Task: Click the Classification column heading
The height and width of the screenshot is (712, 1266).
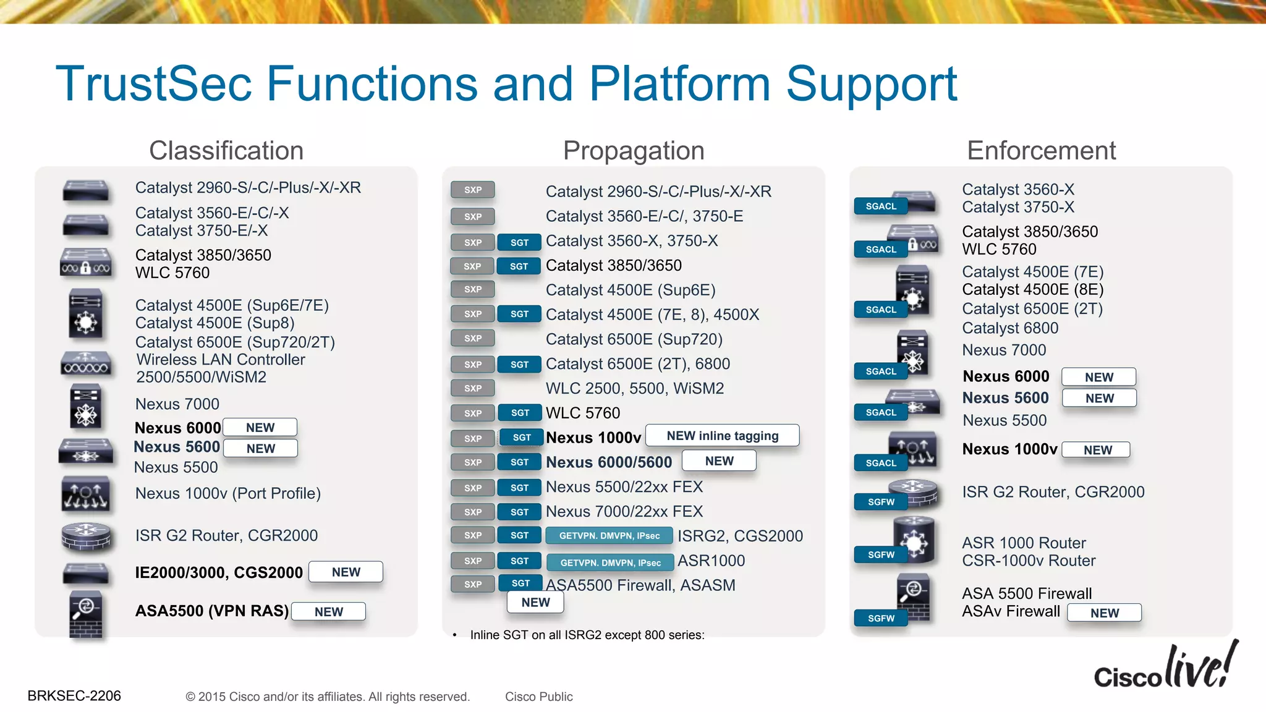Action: (x=226, y=151)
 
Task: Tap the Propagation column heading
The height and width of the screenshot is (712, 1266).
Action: (x=634, y=151)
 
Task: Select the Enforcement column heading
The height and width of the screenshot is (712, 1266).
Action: (x=1041, y=151)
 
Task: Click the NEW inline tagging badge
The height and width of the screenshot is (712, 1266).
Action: (x=722, y=436)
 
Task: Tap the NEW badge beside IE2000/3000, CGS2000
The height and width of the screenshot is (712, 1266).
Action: (x=346, y=572)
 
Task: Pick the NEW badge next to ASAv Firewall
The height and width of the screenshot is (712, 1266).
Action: (x=1104, y=613)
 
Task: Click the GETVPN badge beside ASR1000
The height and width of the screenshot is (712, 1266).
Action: (x=610, y=562)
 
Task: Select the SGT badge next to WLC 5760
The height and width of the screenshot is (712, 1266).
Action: (x=520, y=413)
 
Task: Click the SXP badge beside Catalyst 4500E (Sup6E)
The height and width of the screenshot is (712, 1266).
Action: (x=473, y=289)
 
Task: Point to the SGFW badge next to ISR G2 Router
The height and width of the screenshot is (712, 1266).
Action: (x=881, y=502)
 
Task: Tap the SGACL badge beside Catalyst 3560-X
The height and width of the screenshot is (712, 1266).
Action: (x=881, y=206)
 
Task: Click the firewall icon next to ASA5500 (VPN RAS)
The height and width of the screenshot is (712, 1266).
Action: (x=86, y=614)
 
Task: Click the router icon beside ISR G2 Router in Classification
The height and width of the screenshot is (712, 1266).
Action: (x=86, y=536)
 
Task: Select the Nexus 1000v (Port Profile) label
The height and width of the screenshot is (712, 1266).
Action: (x=227, y=493)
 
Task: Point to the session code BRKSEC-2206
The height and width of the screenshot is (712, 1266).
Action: (x=74, y=696)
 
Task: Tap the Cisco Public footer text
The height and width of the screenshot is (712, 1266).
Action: (x=538, y=697)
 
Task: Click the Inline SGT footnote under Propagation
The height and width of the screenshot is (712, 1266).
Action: (x=587, y=635)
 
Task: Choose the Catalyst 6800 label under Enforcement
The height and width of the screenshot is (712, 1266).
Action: (x=1010, y=328)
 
